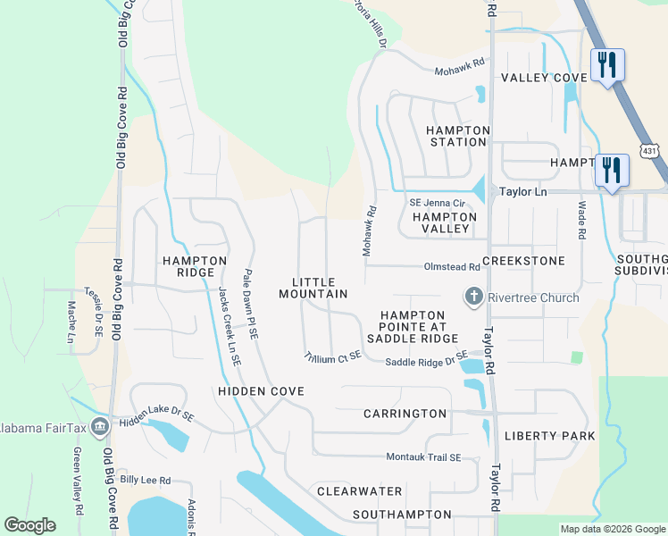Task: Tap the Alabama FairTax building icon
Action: (98, 424)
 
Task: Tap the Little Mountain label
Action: (313, 287)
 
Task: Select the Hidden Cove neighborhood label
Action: (260, 391)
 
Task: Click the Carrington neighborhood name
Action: (405, 414)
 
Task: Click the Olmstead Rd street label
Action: (450, 267)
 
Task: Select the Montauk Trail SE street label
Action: (423, 457)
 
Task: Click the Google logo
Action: (29, 525)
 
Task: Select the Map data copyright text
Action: (612, 529)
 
